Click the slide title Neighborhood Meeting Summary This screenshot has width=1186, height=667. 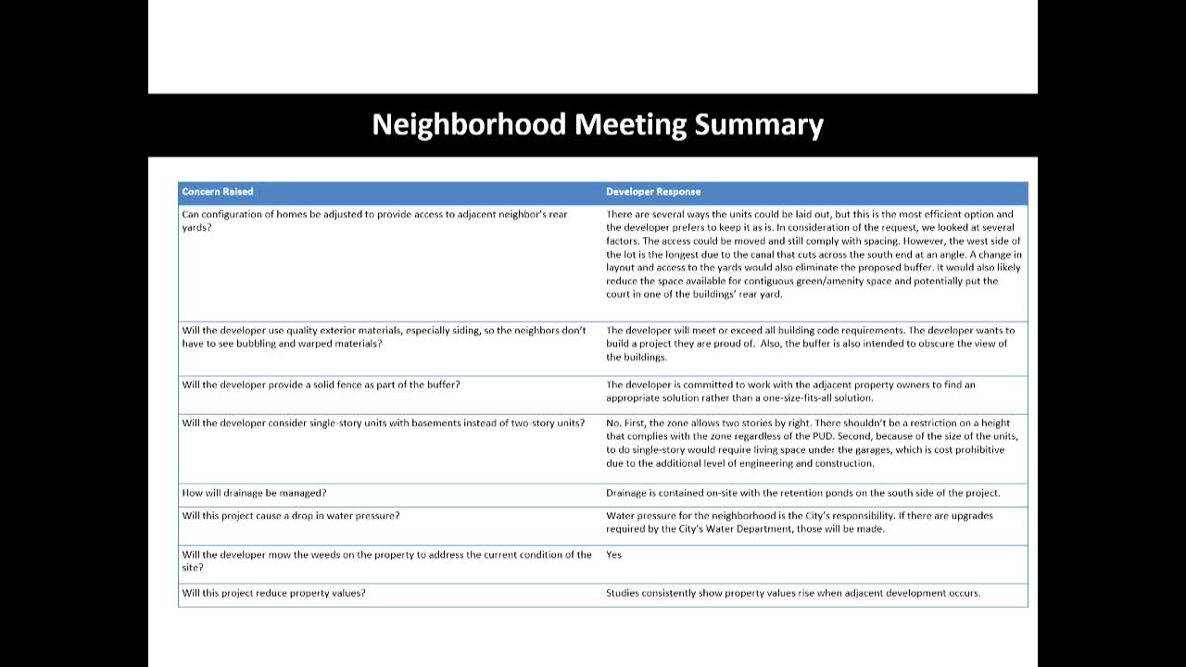[598, 125]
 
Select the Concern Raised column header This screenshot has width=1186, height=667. [218, 192]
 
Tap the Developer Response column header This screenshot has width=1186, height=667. [653, 192]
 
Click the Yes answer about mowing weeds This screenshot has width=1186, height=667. [613, 555]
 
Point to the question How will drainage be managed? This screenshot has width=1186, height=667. [254, 493]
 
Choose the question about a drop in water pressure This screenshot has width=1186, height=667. [291, 515]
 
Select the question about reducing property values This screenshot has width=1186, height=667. [273, 593]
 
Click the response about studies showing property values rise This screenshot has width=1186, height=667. [793, 593]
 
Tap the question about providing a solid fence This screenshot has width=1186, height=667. [321, 384]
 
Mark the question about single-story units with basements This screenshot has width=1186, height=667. [383, 423]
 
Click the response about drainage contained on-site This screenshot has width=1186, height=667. [803, 493]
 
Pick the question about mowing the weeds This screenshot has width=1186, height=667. [386, 560]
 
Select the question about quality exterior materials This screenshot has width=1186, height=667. [384, 336]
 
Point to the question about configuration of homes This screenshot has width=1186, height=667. [374, 220]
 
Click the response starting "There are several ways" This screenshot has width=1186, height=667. [814, 254]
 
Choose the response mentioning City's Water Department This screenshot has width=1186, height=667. [799, 522]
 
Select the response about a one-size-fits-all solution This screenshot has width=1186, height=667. [790, 391]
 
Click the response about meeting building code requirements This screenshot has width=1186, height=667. [810, 343]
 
